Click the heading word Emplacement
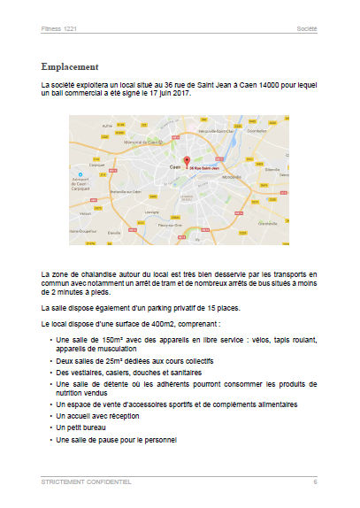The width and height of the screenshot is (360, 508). (x=81, y=66)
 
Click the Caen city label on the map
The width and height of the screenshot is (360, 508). (x=175, y=166)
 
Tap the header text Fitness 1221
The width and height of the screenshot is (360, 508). (x=60, y=29)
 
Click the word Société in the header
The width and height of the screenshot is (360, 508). (x=306, y=29)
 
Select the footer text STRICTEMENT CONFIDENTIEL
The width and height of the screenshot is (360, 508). (x=87, y=482)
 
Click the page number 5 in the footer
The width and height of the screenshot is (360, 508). (x=314, y=482)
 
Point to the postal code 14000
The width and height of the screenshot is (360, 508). (x=240, y=84)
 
